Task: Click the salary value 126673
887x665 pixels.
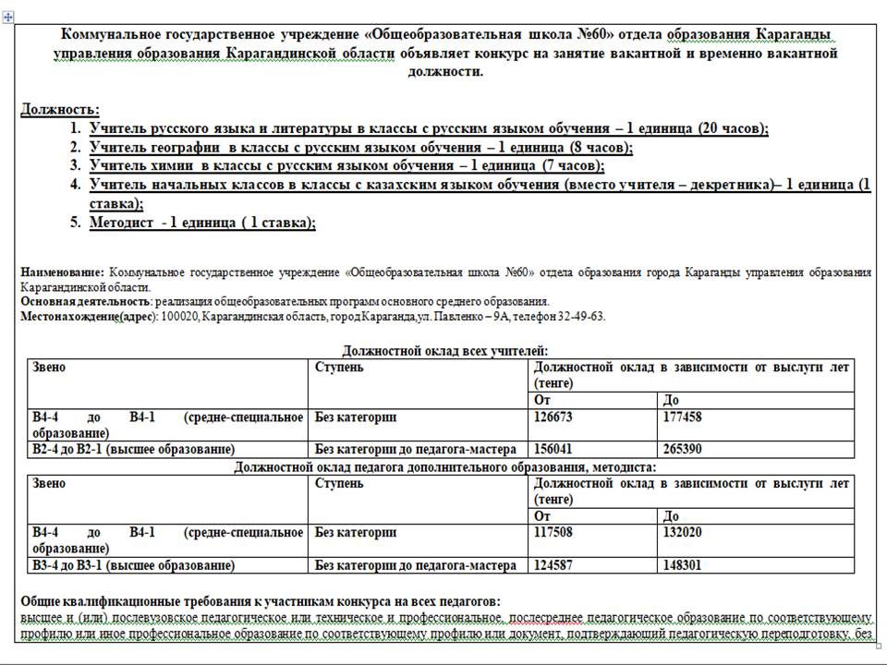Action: [553, 417]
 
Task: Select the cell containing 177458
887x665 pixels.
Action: [683, 417]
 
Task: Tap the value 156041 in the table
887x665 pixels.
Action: [553, 450]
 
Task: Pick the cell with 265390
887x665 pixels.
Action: [683, 450]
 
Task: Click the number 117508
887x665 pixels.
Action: [553, 533]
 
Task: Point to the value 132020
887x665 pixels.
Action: [683, 533]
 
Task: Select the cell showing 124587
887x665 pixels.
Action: [553, 565]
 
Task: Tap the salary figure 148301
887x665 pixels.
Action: [683, 565]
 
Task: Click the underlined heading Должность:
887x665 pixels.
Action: [60, 110]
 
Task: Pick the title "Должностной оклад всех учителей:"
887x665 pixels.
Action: [445, 351]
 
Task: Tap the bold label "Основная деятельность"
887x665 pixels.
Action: [85, 302]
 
